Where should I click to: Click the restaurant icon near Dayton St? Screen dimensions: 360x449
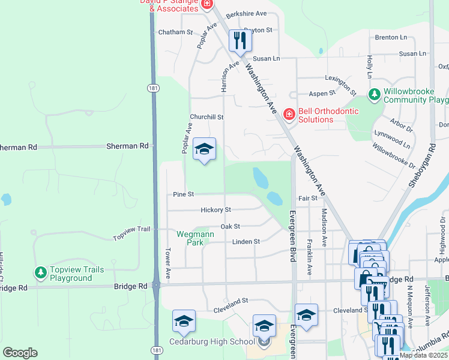tap(240, 40)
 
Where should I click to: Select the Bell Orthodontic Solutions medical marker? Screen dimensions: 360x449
tap(289, 114)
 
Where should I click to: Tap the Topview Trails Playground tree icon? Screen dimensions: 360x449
tap(41, 273)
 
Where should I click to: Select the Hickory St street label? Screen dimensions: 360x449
tap(216, 210)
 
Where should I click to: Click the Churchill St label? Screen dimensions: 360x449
tap(206, 117)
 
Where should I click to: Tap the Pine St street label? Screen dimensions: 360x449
tap(184, 194)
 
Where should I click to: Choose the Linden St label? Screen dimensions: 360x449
tap(246, 242)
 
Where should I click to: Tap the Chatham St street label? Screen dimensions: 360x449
tap(175, 32)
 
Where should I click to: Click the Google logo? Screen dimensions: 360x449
tap(20, 353)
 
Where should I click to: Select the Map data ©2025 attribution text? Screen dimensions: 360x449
tap(424, 355)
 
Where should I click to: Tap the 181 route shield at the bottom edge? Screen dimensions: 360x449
tap(156, 350)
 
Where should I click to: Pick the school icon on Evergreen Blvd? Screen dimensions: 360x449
tap(306, 315)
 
